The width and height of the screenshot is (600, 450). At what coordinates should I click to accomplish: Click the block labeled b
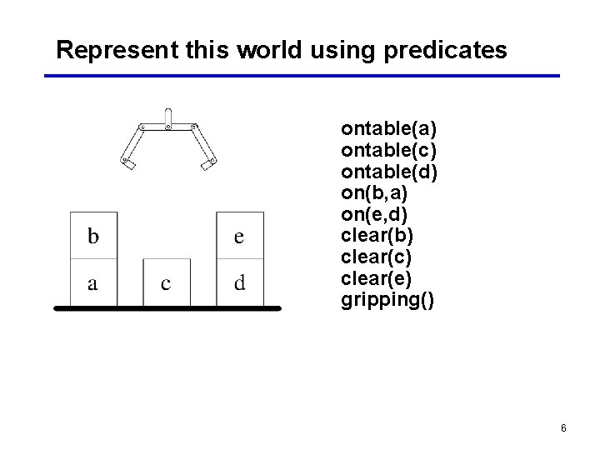tap(93, 236)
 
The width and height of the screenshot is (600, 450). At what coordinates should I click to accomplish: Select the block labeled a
tap(93, 282)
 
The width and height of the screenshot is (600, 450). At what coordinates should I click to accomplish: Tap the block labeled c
tap(166, 282)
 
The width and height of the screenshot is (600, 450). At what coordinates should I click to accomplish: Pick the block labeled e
tap(239, 236)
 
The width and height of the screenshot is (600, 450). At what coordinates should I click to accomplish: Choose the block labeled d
tap(239, 282)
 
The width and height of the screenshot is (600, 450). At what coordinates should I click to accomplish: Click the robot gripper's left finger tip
tap(128, 164)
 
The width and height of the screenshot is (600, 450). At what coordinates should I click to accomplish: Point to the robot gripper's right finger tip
tap(207, 164)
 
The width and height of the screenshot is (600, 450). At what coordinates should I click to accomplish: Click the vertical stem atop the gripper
tap(167, 118)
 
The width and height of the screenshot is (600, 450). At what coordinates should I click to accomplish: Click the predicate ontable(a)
tap(389, 129)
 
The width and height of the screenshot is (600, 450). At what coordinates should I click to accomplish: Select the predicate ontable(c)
tap(389, 151)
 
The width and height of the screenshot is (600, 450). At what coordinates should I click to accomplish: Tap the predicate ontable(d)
tap(389, 172)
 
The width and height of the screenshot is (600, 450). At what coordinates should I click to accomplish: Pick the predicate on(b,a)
tap(374, 193)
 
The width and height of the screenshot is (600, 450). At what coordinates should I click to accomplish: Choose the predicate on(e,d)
tap(374, 214)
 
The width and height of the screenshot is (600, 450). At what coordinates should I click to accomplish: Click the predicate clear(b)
tap(377, 236)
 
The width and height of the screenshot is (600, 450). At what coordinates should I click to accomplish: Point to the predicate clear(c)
tap(377, 257)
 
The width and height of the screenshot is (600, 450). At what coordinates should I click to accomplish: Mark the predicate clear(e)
tap(377, 278)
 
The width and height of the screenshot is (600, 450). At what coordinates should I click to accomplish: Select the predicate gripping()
tap(387, 300)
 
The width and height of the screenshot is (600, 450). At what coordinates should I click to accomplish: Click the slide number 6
tap(563, 428)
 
